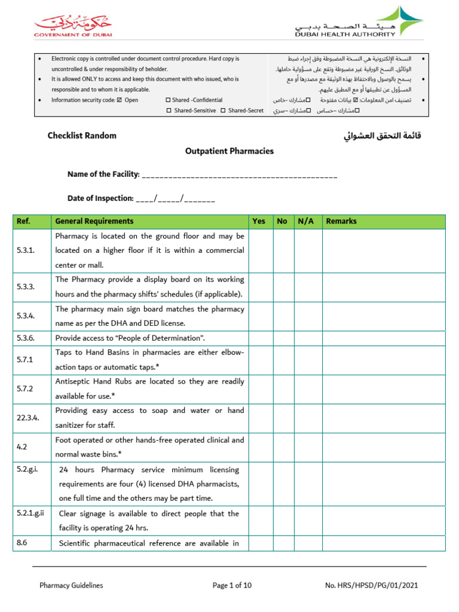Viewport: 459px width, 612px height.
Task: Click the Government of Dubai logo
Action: [72, 26]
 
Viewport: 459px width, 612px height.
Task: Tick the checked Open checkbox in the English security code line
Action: [120, 100]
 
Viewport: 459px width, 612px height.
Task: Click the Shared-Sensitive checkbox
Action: [169, 111]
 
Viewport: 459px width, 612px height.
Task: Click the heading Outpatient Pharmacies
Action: [229, 151]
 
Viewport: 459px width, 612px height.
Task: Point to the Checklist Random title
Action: [82, 136]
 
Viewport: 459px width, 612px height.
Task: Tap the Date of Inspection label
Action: [100, 198]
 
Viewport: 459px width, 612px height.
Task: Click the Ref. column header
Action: [24, 221]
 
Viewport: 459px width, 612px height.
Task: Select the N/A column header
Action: [307, 221]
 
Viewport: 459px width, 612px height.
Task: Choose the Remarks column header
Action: [341, 221]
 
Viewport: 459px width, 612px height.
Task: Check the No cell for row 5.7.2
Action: [283, 389]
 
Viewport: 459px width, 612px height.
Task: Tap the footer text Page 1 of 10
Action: [232, 586]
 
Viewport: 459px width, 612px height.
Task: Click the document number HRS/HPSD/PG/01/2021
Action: [380, 586]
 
